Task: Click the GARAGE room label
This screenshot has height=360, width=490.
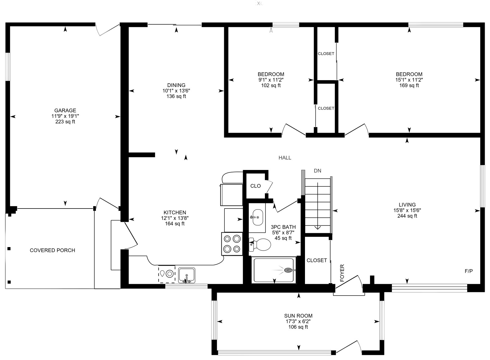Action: pos(65,110)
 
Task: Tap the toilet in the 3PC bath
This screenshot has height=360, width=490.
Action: pos(260,245)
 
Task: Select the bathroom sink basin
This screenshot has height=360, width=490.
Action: pos(257,217)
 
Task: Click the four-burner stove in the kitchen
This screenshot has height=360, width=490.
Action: pos(232,244)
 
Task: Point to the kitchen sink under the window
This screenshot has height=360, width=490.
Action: pos(187,275)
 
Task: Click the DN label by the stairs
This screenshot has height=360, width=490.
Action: pos(317,171)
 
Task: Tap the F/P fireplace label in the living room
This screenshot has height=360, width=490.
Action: pos(468,271)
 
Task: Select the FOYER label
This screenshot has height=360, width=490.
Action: pos(342,273)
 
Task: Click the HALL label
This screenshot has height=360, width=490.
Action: pos(285,158)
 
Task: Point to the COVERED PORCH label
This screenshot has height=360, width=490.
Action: pos(52,250)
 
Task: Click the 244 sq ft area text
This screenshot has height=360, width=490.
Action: pos(407,216)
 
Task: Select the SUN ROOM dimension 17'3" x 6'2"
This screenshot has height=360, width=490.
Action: pos(298,321)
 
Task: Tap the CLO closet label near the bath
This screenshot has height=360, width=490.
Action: pos(256,186)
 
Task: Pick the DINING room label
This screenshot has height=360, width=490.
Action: pos(176,85)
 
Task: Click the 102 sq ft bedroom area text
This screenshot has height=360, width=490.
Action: pos(271,85)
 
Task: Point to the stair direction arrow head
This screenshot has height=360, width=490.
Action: pos(318,228)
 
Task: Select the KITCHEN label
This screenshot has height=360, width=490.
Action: pos(175,213)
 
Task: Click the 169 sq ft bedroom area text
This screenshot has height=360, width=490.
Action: pos(409,85)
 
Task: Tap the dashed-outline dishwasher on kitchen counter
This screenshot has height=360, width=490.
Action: pos(167,274)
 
